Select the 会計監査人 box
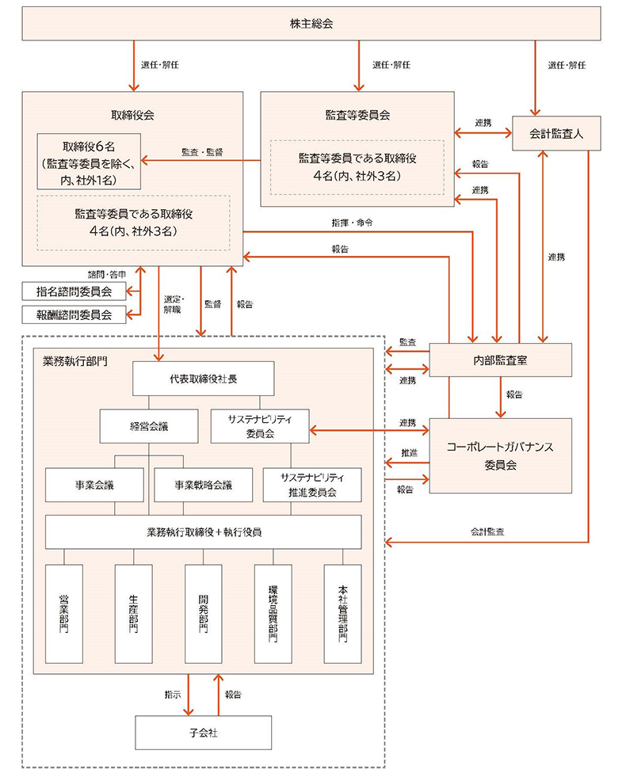pos(555,134)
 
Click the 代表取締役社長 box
pos(204,378)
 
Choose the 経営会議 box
pos(149,426)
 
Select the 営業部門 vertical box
pos(65,613)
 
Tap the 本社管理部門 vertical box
pos(342,613)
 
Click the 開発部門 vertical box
pos(204,613)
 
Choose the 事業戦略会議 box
pos(204,485)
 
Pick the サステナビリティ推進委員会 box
pos(312,485)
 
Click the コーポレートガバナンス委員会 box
pos(499,455)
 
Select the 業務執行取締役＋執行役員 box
pos(204,531)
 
